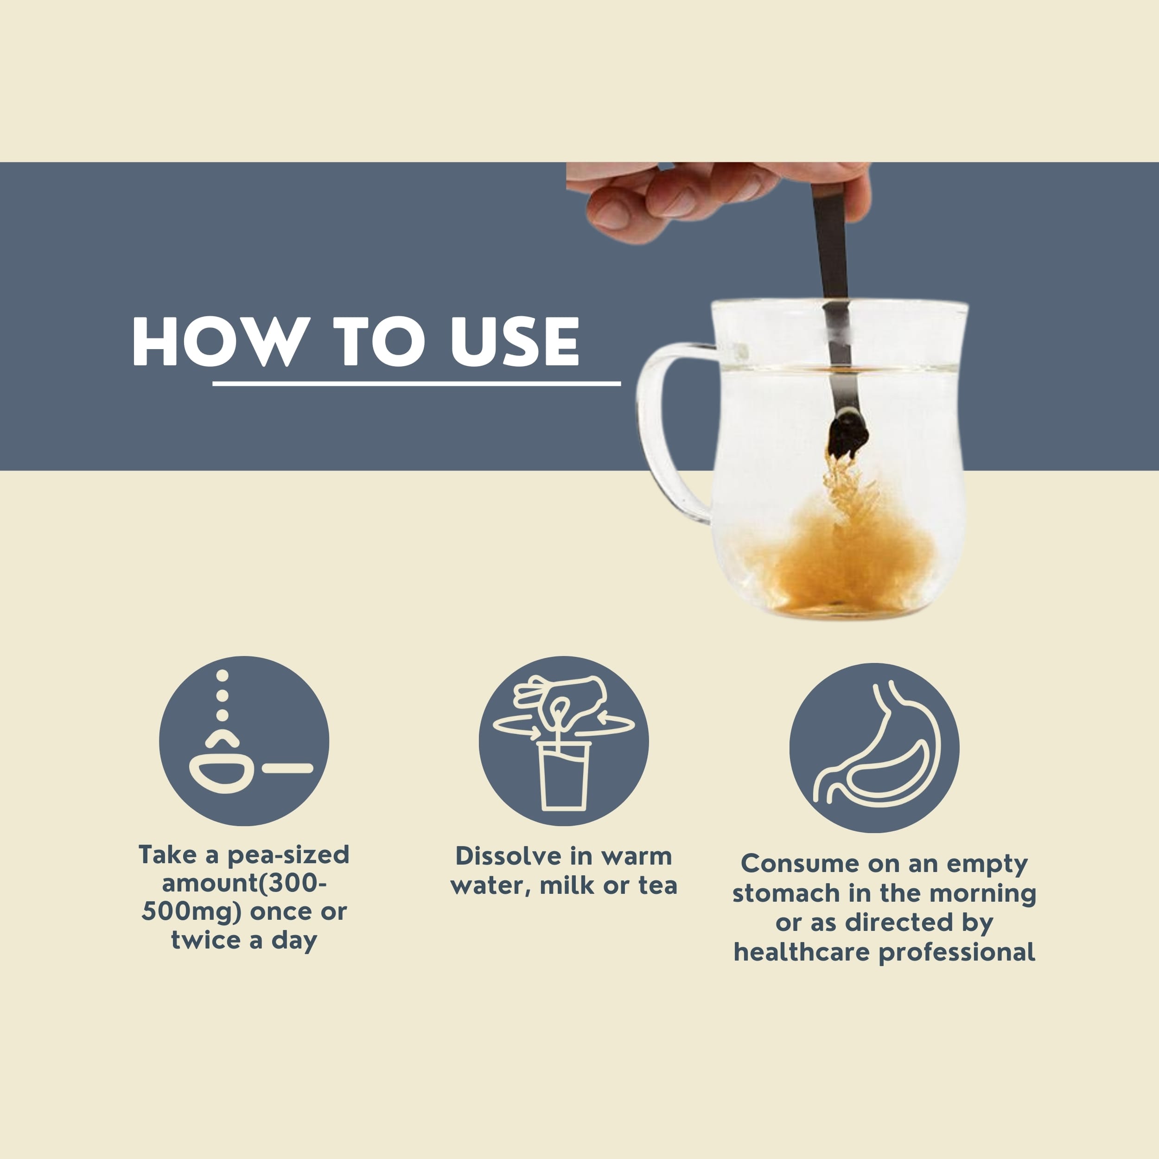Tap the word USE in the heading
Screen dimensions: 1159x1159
coord(515,341)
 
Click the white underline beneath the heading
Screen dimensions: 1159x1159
coord(416,383)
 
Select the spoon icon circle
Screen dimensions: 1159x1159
coord(244,741)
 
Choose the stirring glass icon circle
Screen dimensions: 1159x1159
coord(563,741)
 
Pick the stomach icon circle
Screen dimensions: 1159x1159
coord(874,747)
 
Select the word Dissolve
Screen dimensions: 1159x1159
coord(509,856)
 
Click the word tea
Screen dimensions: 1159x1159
coord(657,885)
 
